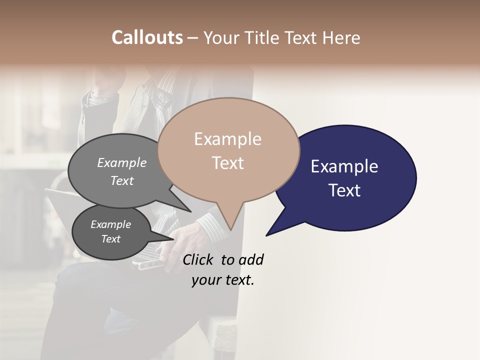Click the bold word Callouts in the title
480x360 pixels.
pyautogui.click(x=147, y=37)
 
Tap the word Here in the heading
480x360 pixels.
pyautogui.click(x=342, y=37)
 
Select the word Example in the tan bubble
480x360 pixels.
pyautogui.click(x=227, y=139)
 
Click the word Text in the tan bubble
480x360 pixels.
pyautogui.click(x=228, y=163)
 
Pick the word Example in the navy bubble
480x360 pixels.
pyautogui.click(x=344, y=166)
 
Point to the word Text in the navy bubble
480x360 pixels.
pyautogui.click(x=345, y=190)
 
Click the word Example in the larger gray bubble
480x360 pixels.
pyautogui.click(x=122, y=162)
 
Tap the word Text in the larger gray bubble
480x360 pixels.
pyautogui.click(x=122, y=180)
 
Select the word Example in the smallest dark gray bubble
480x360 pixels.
pyautogui.click(x=110, y=224)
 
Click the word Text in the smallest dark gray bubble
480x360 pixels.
pyautogui.click(x=110, y=239)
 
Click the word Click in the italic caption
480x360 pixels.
pyautogui.click(x=198, y=259)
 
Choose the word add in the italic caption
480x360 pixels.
pyautogui.click(x=250, y=259)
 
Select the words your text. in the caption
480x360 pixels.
pyautogui.click(x=223, y=280)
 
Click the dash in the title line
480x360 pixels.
pyautogui.click(x=192, y=38)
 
